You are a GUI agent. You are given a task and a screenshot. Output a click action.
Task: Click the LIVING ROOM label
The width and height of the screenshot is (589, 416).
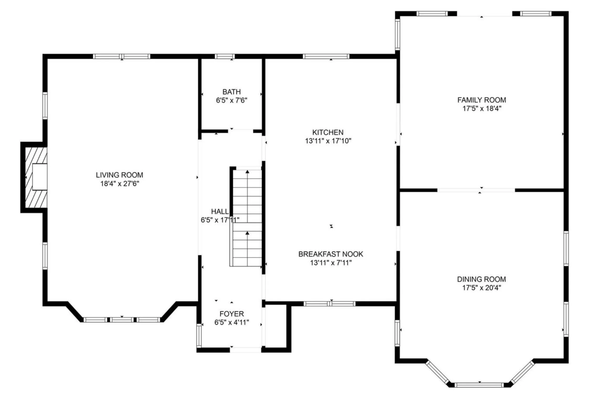119,175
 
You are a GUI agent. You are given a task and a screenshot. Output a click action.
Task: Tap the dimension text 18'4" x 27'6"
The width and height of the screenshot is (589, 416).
119,183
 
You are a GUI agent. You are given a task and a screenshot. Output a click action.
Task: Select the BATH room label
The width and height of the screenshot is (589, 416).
231,92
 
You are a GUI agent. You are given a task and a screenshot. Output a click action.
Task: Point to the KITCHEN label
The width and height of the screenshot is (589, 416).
328,132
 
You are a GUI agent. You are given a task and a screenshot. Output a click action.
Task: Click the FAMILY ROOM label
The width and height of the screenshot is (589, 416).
481,100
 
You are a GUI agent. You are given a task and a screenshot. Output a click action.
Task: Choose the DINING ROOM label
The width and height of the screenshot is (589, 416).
481,279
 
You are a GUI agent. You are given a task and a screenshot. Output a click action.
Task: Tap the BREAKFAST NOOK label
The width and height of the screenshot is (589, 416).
331,254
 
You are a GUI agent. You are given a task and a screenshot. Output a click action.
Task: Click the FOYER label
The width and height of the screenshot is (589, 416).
231,314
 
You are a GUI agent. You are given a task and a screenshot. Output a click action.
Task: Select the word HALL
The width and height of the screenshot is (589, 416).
220,211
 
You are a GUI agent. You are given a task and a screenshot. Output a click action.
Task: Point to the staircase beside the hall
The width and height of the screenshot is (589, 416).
247,218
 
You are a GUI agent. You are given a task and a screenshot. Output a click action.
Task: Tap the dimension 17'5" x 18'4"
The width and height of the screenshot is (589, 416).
481,109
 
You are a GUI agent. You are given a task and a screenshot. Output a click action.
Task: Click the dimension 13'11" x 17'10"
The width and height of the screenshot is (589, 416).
328,141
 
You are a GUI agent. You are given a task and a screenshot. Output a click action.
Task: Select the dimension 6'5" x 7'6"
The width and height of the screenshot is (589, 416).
231,100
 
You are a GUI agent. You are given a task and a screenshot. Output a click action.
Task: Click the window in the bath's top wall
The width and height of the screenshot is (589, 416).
225,56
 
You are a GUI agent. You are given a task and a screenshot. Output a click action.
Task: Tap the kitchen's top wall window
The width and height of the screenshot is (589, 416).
326,56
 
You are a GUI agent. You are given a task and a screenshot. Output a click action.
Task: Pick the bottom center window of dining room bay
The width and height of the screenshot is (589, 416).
479,385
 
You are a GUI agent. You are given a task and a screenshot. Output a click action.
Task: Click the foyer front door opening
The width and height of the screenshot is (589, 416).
246,350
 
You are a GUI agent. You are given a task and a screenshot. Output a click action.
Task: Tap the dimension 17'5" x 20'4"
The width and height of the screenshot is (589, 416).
481,288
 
